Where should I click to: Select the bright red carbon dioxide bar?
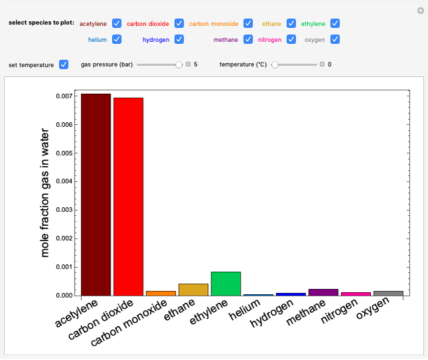tap(128, 197)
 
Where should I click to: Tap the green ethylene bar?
tap(226, 284)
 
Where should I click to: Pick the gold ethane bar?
tap(193, 290)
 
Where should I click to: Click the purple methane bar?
tap(324, 292)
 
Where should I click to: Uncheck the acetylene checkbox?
tap(117, 23)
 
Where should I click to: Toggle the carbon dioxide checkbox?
tap(179, 23)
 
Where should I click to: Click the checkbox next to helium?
tap(117, 39)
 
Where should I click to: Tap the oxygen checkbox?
tap(336, 39)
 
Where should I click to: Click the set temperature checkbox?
tap(64, 64)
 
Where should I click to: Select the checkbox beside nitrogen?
tap(291, 39)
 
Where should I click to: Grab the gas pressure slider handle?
tap(179, 64)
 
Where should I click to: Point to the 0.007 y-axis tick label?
tap(63, 96)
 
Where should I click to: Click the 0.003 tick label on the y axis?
tap(63, 210)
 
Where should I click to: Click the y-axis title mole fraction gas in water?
tap(45, 193)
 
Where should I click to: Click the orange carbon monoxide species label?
tap(213, 23)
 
